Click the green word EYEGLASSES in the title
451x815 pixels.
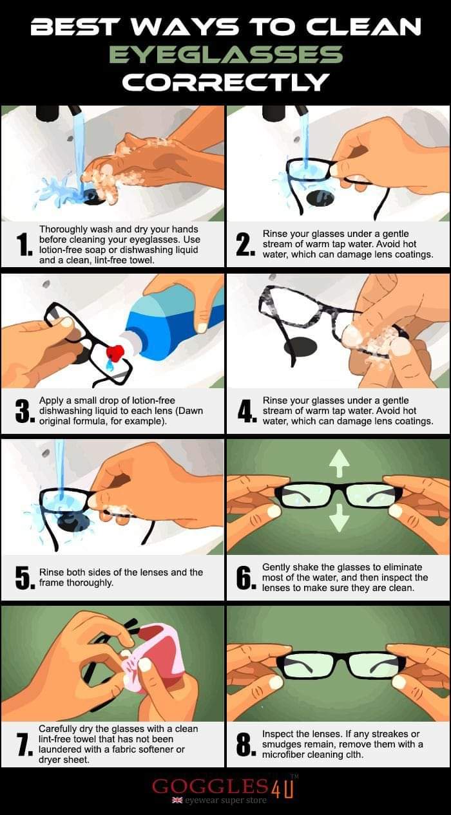click(x=226, y=55)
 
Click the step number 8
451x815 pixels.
click(x=245, y=744)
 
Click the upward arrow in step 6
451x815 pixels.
click(x=340, y=463)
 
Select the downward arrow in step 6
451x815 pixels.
click(x=340, y=518)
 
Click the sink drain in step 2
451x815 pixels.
click(x=320, y=197)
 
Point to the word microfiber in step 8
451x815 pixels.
click(x=283, y=754)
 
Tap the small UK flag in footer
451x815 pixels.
click(x=178, y=800)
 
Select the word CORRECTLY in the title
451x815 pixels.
click(x=225, y=82)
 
